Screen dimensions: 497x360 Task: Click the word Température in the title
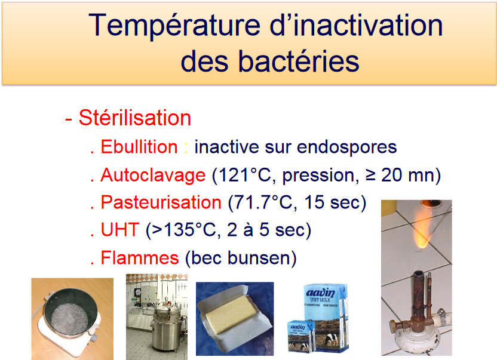tap(174, 25)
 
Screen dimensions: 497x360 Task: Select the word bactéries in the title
tap(299, 61)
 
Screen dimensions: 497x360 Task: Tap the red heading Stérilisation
tap(135, 118)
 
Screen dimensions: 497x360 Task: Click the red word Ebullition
tap(139, 147)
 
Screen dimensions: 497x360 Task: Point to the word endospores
tap(346, 147)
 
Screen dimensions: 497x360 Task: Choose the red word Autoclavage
tap(153, 176)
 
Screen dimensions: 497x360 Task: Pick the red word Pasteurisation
tap(161, 202)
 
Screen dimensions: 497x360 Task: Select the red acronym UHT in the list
tap(120, 230)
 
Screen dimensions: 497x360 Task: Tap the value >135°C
tap(184, 230)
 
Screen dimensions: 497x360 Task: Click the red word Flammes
tap(140, 258)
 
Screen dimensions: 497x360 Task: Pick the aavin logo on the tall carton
tap(320, 292)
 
